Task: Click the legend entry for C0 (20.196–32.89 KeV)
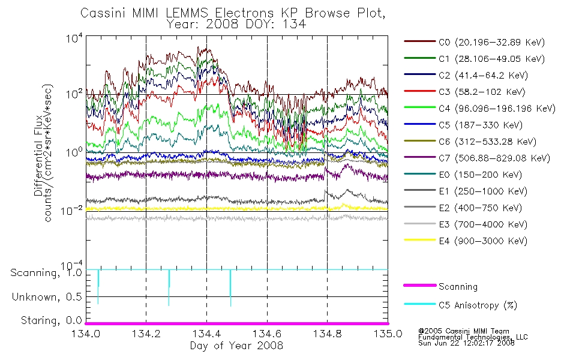pyautogui.click(x=475, y=42)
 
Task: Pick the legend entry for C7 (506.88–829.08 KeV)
pyautogui.click(x=477, y=158)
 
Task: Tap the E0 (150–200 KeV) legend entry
pyautogui.click(x=463, y=175)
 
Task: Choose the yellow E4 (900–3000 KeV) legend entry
pyautogui.click(x=466, y=241)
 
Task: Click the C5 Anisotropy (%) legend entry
pyautogui.click(x=461, y=305)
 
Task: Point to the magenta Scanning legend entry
pyautogui.click(x=440, y=287)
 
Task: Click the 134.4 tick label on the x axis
pyautogui.click(x=207, y=334)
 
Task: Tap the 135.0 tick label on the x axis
pyautogui.click(x=388, y=334)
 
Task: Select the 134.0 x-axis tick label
pyautogui.click(x=86, y=334)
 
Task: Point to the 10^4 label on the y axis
pyautogui.click(x=74, y=38)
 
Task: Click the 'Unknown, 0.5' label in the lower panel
pyautogui.click(x=47, y=297)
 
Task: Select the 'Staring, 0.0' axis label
pyautogui.click(x=52, y=320)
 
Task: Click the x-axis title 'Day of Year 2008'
pyautogui.click(x=236, y=346)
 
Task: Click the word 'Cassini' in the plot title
pyautogui.click(x=103, y=13)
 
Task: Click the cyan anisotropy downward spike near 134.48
pyautogui.click(x=230, y=288)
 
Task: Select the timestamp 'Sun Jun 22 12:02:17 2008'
pyautogui.click(x=466, y=343)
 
